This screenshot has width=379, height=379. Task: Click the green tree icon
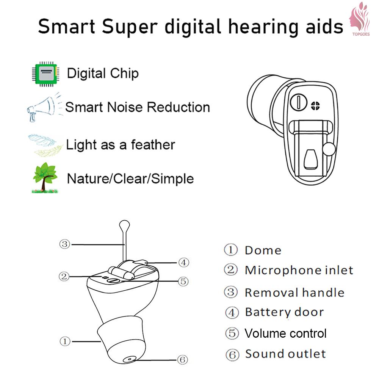(x=45, y=178)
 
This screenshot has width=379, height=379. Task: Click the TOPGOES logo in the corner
(x=360, y=19)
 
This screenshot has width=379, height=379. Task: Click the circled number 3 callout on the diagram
(x=64, y=244)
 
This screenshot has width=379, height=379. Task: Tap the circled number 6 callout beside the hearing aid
(x=183, y=359)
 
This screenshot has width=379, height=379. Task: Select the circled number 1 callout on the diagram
(x=65, y=341)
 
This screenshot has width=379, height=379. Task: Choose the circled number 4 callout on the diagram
(x=183, y=262)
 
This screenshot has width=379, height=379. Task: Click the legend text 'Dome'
(x=263, y=251)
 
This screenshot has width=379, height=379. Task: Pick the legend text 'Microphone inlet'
(x=299, y=270)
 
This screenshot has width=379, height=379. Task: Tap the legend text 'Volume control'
(x=285, y=333)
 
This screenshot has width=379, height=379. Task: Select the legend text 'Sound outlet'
(x=285, y=354)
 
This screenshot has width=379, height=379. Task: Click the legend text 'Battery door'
(x=284, y=312)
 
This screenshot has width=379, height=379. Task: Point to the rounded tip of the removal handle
(x=124, y=224)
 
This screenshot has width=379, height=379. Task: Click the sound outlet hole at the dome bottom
(x=129, y=359)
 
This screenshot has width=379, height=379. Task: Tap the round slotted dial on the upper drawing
(x=299, y=102)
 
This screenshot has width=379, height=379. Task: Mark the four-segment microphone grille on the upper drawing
(x=315, y=106)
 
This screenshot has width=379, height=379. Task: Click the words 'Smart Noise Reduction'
(x=138, y=107)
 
